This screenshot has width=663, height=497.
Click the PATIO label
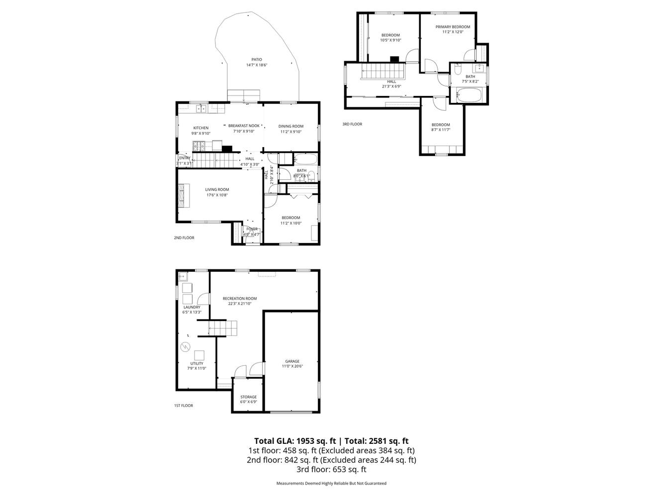click(x=256, y=60)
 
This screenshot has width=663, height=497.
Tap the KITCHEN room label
click(x=201, y=128)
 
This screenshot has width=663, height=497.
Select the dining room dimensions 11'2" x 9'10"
click(x=290, y=132)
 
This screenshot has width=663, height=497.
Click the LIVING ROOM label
click(x=217, y=189)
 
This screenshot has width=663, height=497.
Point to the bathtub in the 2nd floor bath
click(x=305, y=160)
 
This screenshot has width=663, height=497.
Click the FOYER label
click(x=252, y=229)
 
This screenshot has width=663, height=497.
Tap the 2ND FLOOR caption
click(x=184, y=238)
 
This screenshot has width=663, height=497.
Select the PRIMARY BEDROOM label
click(x=453, y=27)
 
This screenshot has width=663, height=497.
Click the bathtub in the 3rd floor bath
click(x=469, y=95)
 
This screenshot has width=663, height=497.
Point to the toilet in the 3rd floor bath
click(x=458, y=69)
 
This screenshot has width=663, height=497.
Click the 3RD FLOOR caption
click(x=352, y=124)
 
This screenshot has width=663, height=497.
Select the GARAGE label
click(x=292, y=361)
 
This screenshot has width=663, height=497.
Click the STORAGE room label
click(x=248, y=397)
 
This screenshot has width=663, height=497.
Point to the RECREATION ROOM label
click(x=240, y=299)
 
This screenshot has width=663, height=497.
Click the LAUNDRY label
click(x=191, y=307)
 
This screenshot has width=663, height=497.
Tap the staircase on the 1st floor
click(x=223, y=329)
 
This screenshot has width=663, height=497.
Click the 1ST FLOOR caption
click(x=184, y=406)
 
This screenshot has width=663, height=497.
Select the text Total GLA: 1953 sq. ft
click(x=295, y=441)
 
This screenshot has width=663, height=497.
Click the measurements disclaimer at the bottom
click(x=331, y=483)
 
